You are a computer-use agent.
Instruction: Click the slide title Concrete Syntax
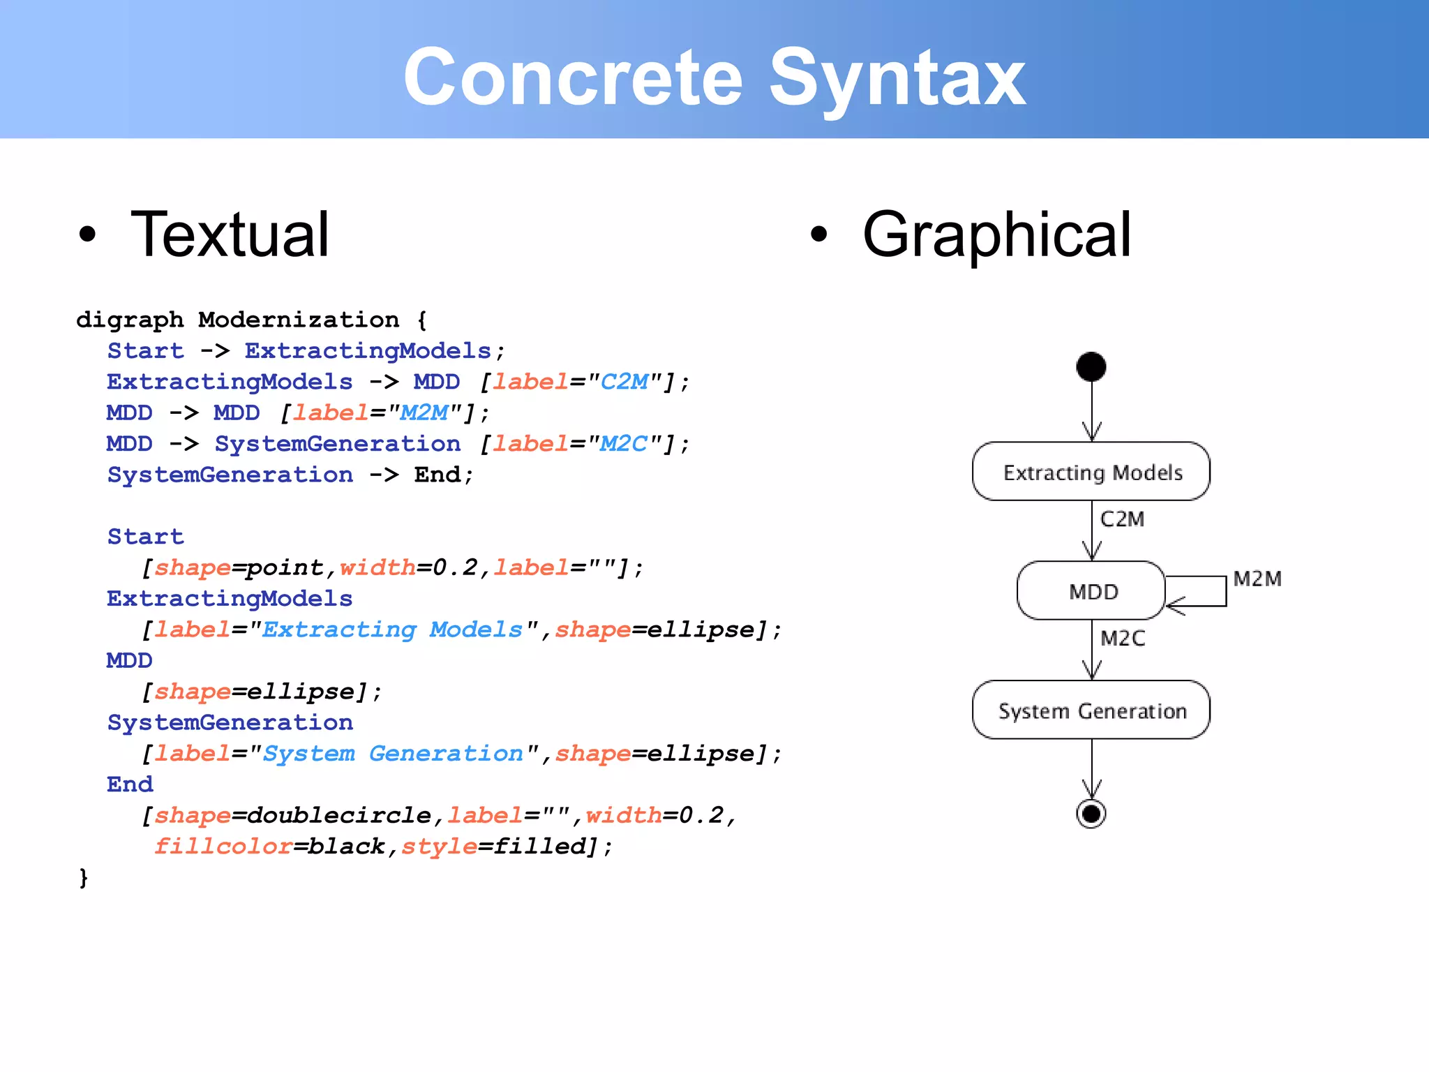[714, 77]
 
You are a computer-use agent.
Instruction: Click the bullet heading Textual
[230, 235]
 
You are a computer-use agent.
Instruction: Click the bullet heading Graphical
[996, 235]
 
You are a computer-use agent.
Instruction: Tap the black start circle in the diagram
[1091, 367]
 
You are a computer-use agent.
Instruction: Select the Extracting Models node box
[1091, 472]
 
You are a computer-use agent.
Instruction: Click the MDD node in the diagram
[1091, 591]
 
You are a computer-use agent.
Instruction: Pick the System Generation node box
[1091, 710]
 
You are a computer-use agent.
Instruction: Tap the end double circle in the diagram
[1091, 814]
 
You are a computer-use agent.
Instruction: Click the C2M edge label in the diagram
[1122, 519]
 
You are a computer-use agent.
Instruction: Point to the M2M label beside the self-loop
[1257, 579]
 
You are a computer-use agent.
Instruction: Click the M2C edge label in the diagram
[1122, 639]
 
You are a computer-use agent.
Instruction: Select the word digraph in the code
[130, 320]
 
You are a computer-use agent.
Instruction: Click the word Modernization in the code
[299, 320]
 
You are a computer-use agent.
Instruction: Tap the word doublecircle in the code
[339, 815]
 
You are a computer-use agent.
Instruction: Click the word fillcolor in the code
[223, 847]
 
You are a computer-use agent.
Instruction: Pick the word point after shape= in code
[285, 567]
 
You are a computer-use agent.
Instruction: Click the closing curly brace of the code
[84, 877]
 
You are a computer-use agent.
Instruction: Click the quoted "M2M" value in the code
[424, 413]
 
